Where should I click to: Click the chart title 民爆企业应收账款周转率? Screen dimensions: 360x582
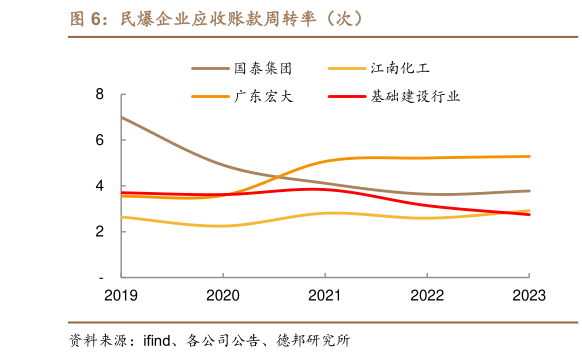click(x=215, y=18)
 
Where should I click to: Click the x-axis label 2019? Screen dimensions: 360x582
click(x=121, y=295)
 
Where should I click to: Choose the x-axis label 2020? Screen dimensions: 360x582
click(x=223, y=295)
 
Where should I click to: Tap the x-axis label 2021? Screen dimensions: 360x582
click(x=325, y=295)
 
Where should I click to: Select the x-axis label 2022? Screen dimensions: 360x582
click(x=427, y=295)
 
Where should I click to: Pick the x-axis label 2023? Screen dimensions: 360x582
click(x=529, y=295)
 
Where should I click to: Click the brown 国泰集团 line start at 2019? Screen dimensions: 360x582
click(x=121, y=117)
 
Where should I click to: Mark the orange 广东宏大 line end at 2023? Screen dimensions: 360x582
click(x=529, y=156)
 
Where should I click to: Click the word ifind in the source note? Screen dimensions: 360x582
click(x=161, y=341)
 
